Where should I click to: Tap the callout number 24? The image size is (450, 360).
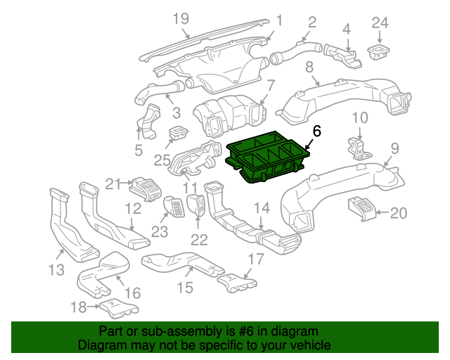[380, 22]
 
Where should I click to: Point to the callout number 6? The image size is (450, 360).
[316, 131]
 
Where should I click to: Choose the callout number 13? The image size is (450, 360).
[56, 269]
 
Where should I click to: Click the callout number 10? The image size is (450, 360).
[359, 117]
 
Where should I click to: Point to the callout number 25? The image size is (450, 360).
[162, 160]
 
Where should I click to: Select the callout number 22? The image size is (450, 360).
[200, 239]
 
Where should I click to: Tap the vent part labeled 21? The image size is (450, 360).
[146, 188]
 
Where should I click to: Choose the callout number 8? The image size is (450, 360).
[309, 68]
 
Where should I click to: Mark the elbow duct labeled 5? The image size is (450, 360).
[150, 120]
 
